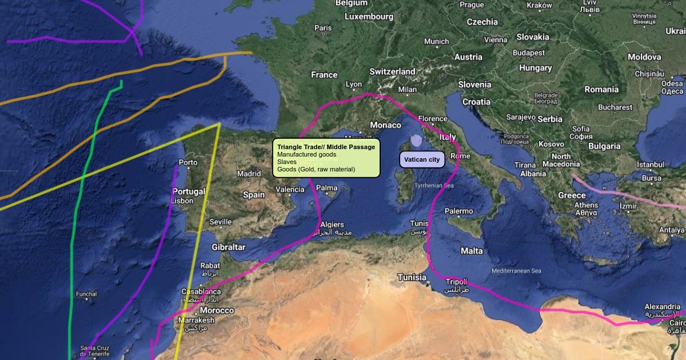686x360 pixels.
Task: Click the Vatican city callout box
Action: pyautogui.click(x=422, y=159)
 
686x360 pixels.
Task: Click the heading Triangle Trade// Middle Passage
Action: pyautogui.click(x=326, y=147)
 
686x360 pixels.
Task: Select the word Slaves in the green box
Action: pyautogui.click(x=287, y=162)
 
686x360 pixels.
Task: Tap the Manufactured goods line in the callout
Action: pyautogui.click(x=306, y=154)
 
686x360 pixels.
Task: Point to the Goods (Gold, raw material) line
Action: pyautogui.click(x=316, y=169)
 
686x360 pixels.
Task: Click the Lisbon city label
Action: pyautogui.click(x=182, y=201)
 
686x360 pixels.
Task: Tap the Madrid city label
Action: pyautogui.click(x=249, y=174)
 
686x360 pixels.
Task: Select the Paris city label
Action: pyautogui.click(x=323, y=28)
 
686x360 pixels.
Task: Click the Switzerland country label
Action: pyautogui.click(x=392, y=71)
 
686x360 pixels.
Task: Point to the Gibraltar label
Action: pyautogui.click(x=229, y=247)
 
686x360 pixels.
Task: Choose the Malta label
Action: pyautogui.click(x=472, y=251)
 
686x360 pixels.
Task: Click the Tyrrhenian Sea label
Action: pyautogui.click(x=434, y=186)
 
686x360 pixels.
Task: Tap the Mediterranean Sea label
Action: pyautogui.click(x=516, y=271)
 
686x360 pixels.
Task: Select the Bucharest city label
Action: pyautogui.click(x=615, y=107)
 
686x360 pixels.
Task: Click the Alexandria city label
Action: pyautogui.click(x=663, y=307)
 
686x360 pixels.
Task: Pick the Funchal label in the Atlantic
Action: pyautogui.click(x=86, y=294)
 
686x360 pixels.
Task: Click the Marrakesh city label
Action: pyautogui.click(x=196, y=321)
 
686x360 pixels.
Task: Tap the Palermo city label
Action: pyautogui.click(x=459, y=211)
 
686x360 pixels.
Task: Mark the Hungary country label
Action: pyautogui.click(x=535, y=68)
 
